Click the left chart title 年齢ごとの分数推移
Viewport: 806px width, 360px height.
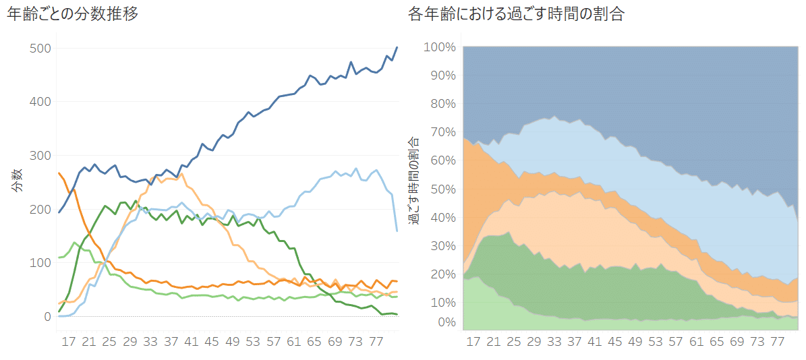click(x=73, y=14)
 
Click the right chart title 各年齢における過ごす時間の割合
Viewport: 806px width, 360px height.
click(x=516, y=14)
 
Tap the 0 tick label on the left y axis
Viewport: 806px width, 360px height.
click(x=47, y=316)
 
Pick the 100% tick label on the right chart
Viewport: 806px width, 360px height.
click(x=440, y=47)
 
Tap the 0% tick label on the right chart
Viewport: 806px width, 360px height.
click(x=446, y=322)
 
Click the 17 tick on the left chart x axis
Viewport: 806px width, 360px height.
click(x=69, y=342)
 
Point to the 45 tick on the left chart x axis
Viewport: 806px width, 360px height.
click(x=212, y=342)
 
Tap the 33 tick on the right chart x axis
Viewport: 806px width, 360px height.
click(x=554, y=342)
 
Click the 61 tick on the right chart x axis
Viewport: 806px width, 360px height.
click(x=695, y=342)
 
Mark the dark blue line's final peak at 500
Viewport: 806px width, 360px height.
click(x=397, y=47)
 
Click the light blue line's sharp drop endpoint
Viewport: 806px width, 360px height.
click(x=397, y=231)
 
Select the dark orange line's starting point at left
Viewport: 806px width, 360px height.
click(x=59, y=173)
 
